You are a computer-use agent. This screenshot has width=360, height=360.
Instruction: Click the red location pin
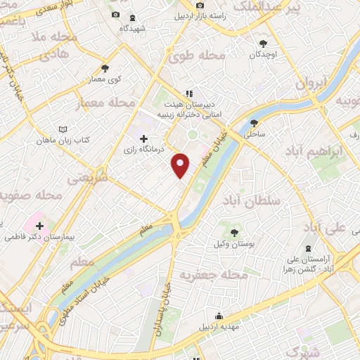tap(181, 165)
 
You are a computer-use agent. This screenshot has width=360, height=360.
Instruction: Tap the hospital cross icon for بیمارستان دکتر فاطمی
tap(39, 226)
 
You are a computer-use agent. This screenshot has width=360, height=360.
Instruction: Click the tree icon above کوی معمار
tap(105, 68)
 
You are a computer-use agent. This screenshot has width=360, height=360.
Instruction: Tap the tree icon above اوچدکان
tap(264, 41)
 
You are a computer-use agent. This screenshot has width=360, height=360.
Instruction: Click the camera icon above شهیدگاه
tap(115, 15)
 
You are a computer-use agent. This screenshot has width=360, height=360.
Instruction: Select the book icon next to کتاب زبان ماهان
tap(64, 129)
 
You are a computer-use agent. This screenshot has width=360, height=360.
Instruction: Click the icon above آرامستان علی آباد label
tap(309, 248)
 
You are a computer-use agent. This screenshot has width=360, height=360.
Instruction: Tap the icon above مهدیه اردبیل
tap(219, 314)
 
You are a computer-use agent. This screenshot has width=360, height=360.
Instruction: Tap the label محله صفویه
tap(28, 195)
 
